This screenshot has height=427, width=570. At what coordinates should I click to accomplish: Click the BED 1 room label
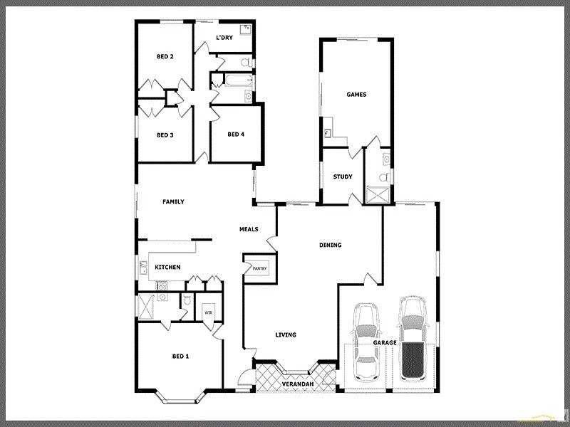(180, 356)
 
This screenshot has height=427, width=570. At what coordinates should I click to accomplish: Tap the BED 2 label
(165, 56)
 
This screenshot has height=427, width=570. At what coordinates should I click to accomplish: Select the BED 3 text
(165, 135)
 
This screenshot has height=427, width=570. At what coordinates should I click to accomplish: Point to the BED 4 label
(236, 135)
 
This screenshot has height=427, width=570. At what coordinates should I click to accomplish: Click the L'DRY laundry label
(224, 38)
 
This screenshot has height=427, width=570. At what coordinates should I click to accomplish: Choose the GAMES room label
(356, 94)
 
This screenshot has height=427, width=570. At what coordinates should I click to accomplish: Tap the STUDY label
(343, 176)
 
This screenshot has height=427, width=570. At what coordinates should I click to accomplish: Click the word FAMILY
(173, 201)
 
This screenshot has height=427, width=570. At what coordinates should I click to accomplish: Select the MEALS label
(249, 229)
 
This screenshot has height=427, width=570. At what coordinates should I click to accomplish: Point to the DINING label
(330, 245)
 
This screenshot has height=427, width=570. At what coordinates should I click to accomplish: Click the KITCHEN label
(168, 267)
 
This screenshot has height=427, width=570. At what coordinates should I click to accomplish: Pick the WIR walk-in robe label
(209, 312)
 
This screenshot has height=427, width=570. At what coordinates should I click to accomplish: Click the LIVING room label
(286, 334)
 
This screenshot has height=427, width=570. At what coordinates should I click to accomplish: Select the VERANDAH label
(297, 384)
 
